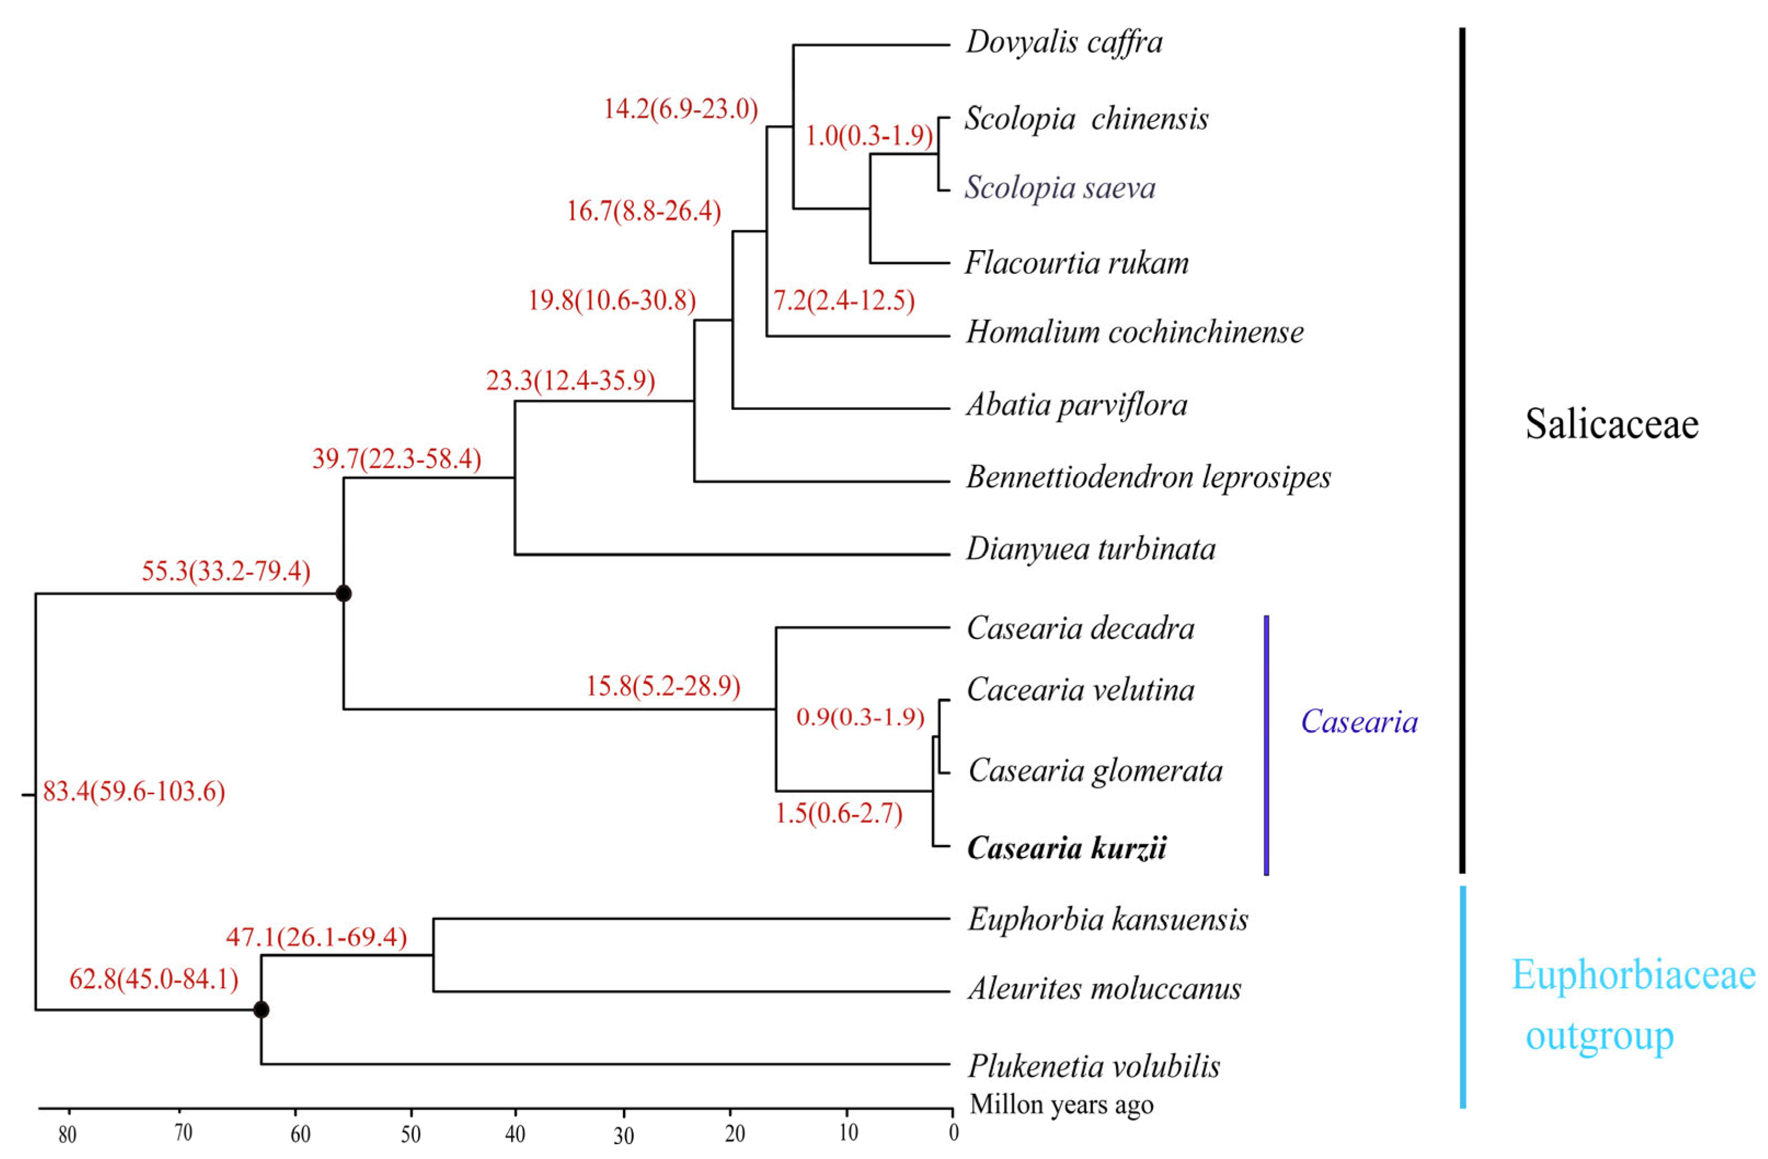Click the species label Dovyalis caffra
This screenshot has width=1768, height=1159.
tap(1064, 42)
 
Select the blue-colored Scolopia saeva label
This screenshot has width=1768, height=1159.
tap(1060, 187)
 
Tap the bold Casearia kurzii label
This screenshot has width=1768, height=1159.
tap(1067, 847)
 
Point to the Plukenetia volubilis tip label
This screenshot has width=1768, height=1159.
tap(1094, 1066)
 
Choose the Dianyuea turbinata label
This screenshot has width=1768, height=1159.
tap(1090, 550)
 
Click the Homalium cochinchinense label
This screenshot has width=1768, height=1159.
tap(1134, 332)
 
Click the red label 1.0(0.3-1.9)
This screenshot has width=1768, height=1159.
tap(869, 135)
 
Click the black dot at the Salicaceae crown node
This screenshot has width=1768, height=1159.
tap(343, 593)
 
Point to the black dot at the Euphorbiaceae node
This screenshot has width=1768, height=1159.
tap(261, 1010)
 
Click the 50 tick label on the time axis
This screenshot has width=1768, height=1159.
tap(411, 1134)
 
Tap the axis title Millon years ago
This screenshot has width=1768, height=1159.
tap(1061, 1105)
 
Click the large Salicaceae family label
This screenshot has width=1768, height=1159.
tap(1612, 424)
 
